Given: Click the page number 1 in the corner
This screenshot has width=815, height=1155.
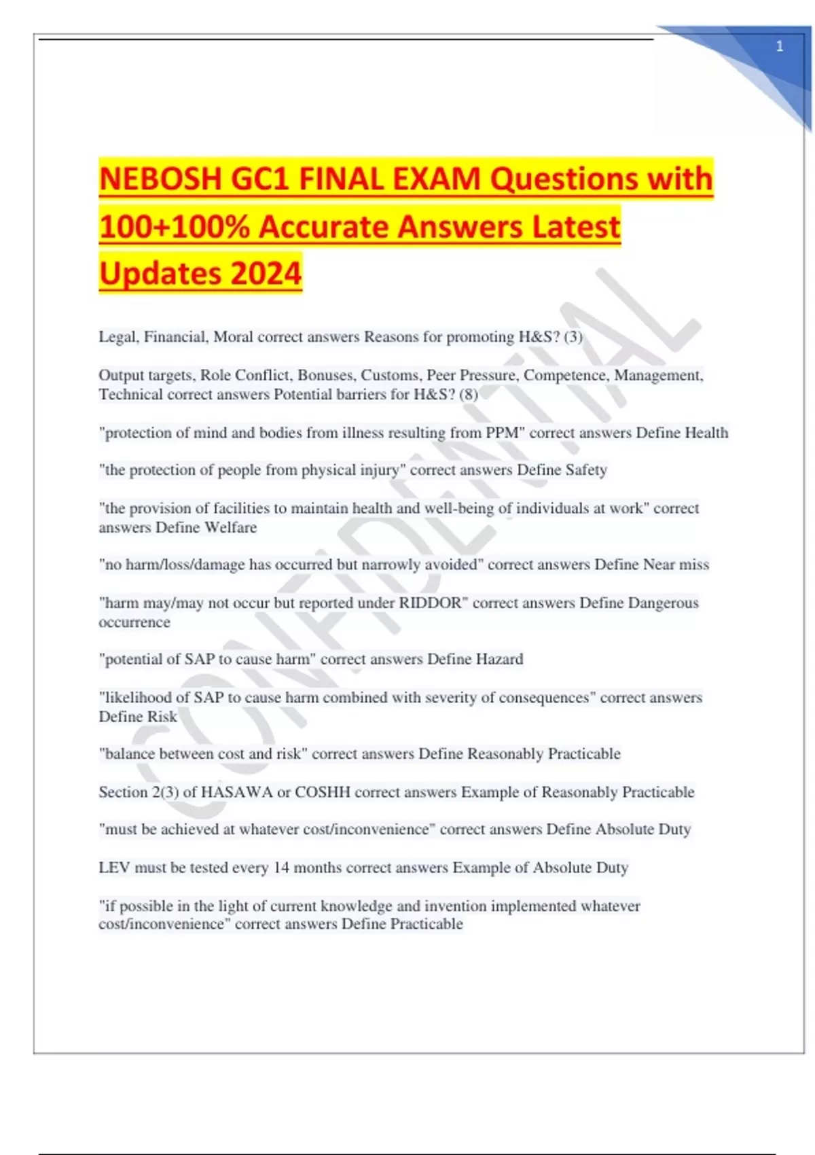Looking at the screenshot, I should (x=779, y=47).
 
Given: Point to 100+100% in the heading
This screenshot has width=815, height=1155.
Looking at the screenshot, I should (x=175, y=227).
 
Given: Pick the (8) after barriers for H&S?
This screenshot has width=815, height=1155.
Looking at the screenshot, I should (x=469, y=394).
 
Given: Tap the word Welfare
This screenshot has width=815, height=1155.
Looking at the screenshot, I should (x=231, y=527).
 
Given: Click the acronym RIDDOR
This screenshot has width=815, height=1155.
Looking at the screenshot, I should (x=430, y=603).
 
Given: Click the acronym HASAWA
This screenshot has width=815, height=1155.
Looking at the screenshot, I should (x=236, y=792).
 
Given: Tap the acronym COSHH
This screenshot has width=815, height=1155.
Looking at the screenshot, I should (x=322, y=792).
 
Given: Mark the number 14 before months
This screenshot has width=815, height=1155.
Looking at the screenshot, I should (x=281, y=868).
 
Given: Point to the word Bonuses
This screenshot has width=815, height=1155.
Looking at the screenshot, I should (x=325, y=375).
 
